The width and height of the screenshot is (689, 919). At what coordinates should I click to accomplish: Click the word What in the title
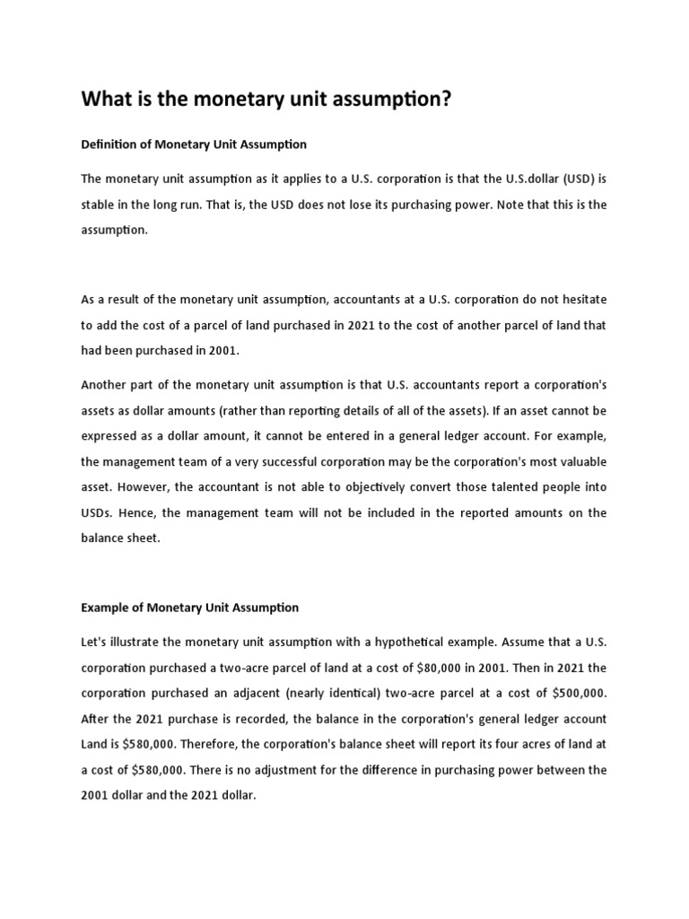pos(107,99)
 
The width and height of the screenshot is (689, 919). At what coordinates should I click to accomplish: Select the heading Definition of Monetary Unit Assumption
pos(194,144)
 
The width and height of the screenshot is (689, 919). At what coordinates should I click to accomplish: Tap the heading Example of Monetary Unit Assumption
pos(189,608)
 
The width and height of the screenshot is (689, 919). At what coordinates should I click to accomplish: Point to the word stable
pos(100,205)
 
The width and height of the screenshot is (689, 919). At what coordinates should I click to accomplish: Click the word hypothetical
pos(406,643)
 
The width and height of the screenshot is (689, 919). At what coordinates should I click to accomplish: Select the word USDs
pos(99,512)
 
